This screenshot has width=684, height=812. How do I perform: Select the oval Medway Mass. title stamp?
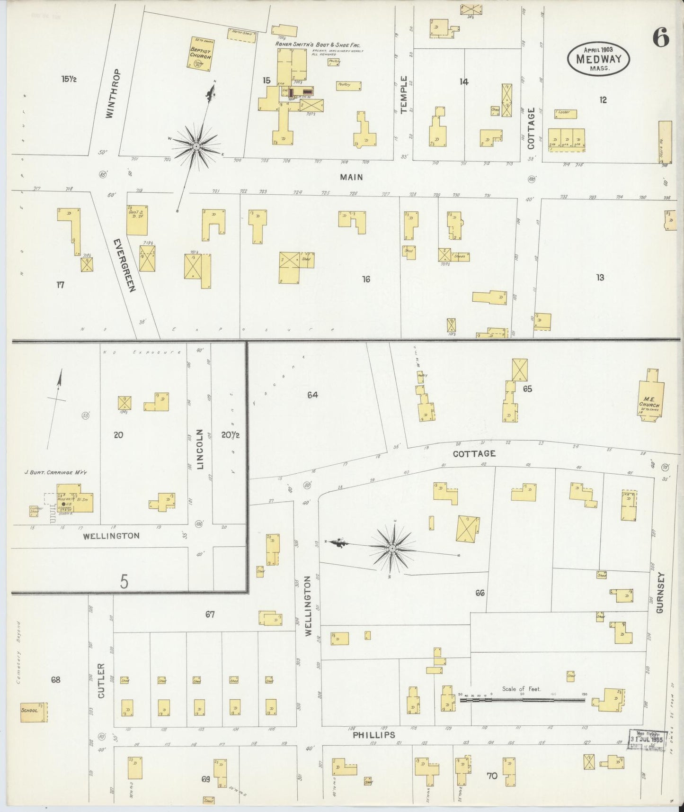[x=599, y=58]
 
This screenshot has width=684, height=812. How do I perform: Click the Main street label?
[x=351, y=177]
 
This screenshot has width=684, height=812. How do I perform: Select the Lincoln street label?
[x=200, y=449]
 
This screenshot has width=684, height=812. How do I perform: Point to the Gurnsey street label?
[x=661, y=593]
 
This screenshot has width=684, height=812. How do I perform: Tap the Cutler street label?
[x=100, y=681]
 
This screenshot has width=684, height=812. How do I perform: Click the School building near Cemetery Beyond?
[x=34, y=712]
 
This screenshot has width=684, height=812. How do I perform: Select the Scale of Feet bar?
[x=522, y=699]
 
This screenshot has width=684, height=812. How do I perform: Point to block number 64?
[x=312, y=395]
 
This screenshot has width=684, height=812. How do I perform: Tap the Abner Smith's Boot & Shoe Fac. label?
[x=318, y=45]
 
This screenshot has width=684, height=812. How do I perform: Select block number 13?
[x=600, y=278]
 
